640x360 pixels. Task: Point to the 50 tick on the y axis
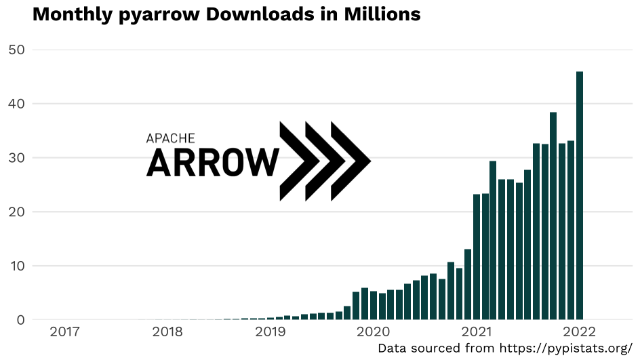16,49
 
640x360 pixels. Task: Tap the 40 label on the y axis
16,104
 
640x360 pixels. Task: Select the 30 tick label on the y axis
16,158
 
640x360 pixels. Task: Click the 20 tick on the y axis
16,212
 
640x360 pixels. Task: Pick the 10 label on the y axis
16,266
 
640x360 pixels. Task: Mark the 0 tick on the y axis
20,320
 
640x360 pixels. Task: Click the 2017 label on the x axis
65,332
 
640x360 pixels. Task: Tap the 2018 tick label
167,332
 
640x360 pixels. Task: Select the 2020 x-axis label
373,332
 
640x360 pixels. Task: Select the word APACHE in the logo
171,138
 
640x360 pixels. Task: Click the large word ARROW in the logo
212,163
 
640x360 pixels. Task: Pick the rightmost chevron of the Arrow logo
350,161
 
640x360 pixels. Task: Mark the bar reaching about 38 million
553,216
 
